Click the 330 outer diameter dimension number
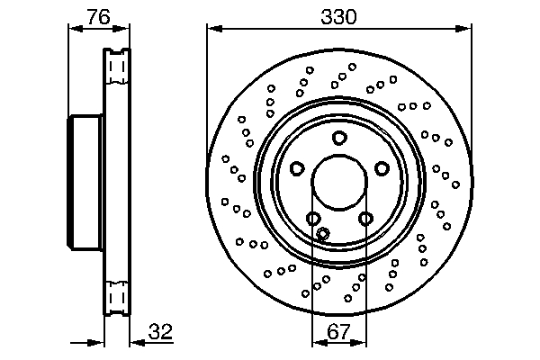338,16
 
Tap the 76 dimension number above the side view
99,16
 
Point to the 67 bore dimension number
338,332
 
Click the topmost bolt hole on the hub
339,138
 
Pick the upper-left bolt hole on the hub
297,168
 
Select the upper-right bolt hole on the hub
382,168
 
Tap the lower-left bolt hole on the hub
313,218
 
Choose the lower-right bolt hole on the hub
365,218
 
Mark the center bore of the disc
339,184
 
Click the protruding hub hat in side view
87,184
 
